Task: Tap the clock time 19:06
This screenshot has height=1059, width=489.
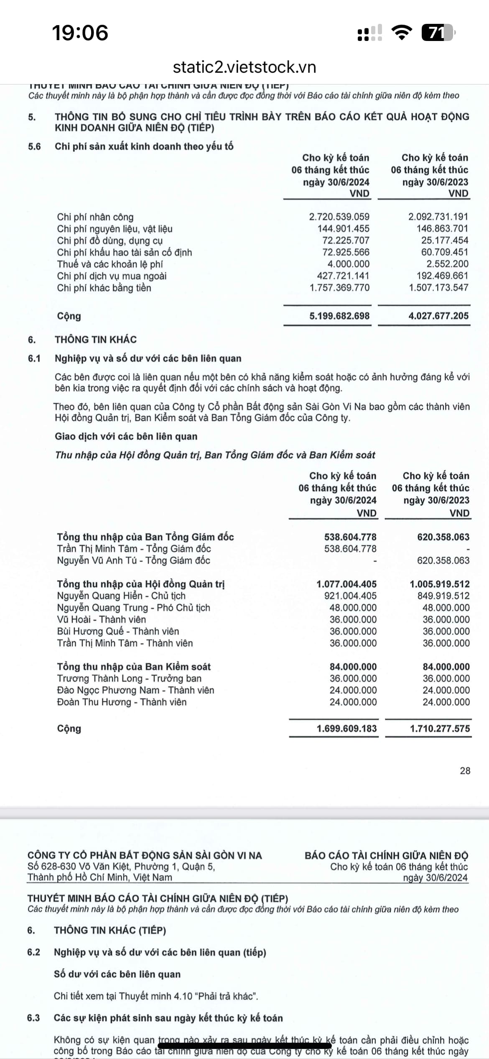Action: (80, 33)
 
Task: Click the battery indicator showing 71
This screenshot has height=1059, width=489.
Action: (438, 33)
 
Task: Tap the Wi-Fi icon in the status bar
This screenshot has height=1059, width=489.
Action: (401, 32)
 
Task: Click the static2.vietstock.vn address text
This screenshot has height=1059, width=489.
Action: (244, 67)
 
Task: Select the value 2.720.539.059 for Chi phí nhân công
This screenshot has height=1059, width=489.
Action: (339, 217)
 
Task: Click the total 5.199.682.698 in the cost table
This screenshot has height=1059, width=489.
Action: (339, 316)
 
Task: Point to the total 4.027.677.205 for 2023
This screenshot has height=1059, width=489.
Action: (438, 316)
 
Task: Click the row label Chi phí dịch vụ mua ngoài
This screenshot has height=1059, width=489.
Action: (112, 276)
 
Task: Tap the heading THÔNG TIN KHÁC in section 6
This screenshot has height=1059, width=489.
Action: (96, 340)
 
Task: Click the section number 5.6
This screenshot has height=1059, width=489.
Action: (34, 146)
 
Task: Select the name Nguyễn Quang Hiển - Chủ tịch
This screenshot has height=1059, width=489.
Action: (121, 596)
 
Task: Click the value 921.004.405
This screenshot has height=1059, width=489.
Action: (350, 596)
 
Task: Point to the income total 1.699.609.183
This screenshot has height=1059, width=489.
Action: (346, 728)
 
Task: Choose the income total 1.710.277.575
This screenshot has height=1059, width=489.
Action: (440, 728)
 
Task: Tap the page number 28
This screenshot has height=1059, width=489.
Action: (465, 770)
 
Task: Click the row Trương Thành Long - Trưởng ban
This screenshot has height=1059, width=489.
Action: (129, 678)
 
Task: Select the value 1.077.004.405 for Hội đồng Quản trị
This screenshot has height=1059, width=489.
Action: (346, 584)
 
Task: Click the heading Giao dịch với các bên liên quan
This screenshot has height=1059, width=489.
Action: (126, 436)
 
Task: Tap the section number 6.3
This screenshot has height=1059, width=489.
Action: (33, 1018)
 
